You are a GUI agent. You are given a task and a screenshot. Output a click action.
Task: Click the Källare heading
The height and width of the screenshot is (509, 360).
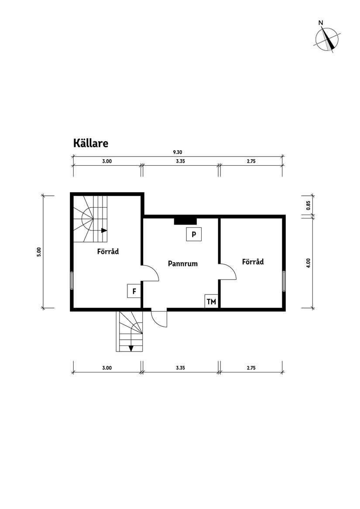[x=90, y=143]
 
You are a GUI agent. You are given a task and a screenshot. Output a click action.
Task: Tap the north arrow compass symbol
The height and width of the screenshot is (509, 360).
[x=327, y=39]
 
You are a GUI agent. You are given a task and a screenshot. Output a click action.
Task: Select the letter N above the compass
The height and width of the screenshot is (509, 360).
[x=321, y=23]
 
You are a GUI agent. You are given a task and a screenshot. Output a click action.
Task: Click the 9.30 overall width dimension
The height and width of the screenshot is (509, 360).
[x=177, y=152]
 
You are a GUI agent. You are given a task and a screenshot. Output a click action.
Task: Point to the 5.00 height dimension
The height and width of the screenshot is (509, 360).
[x=39, y=252]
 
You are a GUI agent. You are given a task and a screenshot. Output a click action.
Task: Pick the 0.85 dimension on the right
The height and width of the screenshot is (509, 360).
[x=308, y=205]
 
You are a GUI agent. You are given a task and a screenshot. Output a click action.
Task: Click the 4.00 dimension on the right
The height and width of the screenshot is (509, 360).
[x=308, y=263]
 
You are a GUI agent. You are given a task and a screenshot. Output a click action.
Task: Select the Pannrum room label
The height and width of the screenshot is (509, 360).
[x=183, y=263]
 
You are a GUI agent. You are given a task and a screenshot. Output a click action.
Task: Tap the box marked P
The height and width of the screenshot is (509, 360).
[x=194, y=234]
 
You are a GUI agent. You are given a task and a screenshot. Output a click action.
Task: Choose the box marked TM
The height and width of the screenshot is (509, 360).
[x=211, y=301]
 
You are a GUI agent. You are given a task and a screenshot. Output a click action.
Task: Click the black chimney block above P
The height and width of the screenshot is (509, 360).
[x=185, y=221]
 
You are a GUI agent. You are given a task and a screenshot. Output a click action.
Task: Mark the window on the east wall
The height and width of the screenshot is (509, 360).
[x=284, y=281]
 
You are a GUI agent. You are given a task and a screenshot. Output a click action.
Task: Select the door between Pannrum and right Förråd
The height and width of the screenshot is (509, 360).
[x=227, y=271]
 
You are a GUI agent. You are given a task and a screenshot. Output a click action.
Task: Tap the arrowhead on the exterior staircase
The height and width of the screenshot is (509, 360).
[x=130, y=348]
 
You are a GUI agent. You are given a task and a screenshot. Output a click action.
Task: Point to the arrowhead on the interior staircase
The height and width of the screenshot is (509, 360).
[x=104, y=230]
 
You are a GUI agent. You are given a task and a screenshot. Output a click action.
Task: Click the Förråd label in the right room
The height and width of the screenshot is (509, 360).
[x=253, y=262]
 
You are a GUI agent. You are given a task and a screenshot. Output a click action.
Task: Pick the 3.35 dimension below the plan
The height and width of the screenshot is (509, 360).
[x=181, y=368]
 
